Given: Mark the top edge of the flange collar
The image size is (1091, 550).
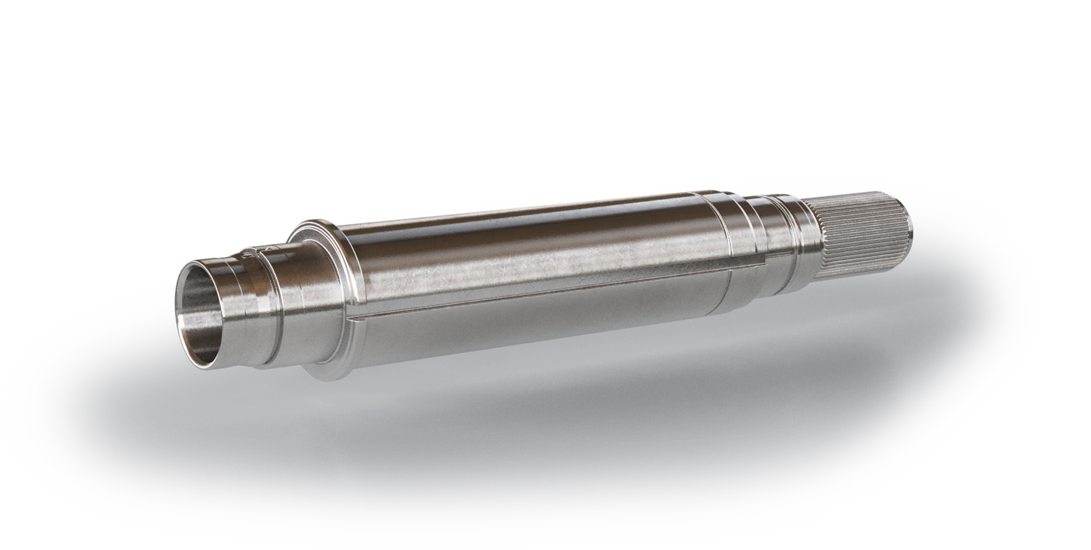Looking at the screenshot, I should coord(315,223).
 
